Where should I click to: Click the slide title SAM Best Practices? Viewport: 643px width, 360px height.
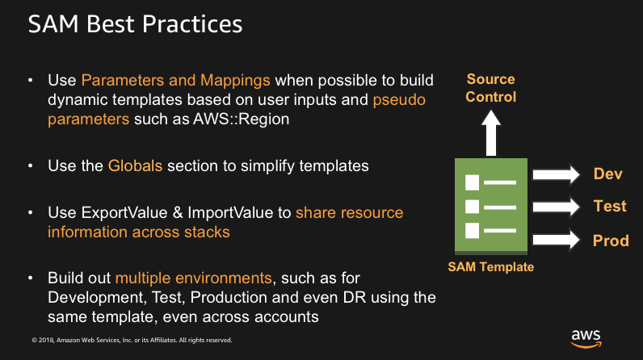click(135, 24)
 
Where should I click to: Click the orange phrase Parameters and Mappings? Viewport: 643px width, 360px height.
click(178, 81)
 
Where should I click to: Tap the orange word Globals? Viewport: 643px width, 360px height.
click(134, 166)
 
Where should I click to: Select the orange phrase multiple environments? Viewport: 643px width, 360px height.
click(193, 278)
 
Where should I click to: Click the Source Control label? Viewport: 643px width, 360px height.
click(491, 89)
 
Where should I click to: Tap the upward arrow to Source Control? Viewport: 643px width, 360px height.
click(491, 130)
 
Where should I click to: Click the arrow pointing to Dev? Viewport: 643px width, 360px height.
click(557, 174)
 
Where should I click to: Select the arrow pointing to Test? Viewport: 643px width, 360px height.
click(557, 207)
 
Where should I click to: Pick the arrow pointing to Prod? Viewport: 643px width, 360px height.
click(557, 239)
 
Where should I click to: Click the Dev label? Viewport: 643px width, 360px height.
click(607, 174)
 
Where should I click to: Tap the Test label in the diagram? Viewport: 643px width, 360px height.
click(610, 207)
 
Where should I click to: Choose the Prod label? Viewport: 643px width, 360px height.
click(611, 241)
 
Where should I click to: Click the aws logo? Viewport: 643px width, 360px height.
click(586, 337)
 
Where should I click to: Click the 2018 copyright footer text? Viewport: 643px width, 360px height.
click(132, 339)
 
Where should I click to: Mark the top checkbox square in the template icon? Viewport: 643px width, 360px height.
click(473, 181)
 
